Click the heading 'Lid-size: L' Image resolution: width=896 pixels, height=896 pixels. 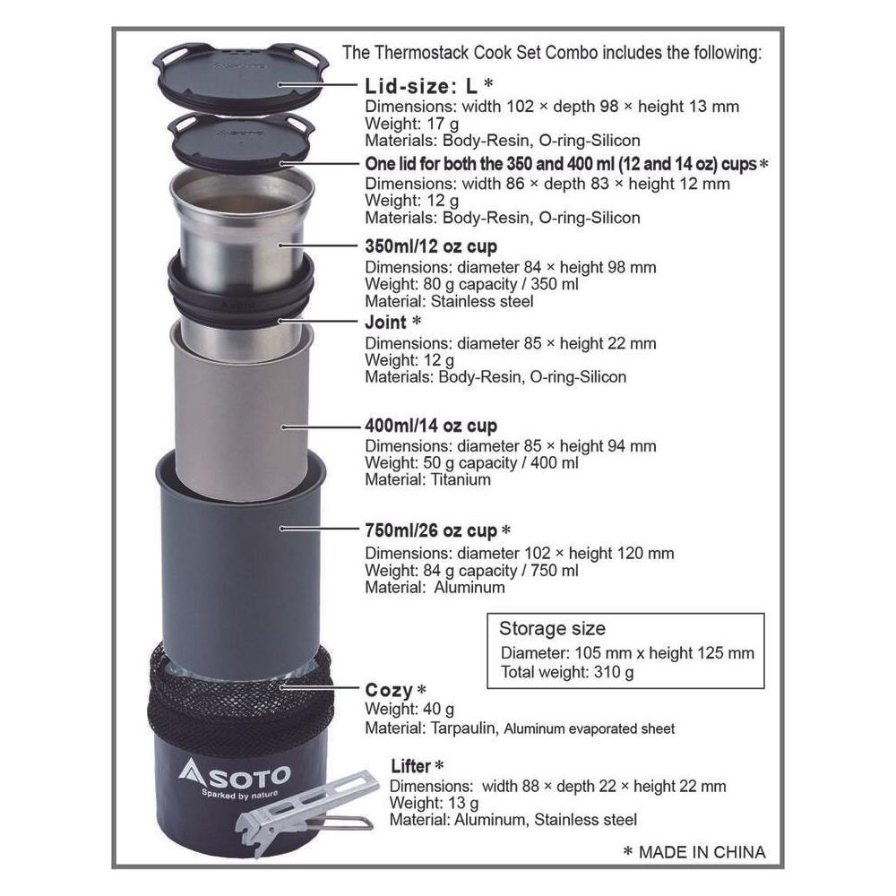[x=421, y=86]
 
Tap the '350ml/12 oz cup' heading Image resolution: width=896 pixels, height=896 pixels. [x=431, y=246]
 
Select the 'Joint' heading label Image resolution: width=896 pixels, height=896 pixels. [x=386, y=323]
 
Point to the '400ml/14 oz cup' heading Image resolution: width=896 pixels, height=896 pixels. [x=431, y=426]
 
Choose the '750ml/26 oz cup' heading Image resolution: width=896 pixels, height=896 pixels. [x=431, y=530]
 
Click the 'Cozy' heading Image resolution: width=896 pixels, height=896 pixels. [x=389, y=690]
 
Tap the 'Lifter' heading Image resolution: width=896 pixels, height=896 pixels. [x=410, y=766]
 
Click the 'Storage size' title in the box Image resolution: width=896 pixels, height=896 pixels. [x=552, y=629]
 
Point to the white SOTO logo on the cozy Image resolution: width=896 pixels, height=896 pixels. [x=234, y=773]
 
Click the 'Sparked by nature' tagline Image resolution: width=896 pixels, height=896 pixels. [x=240, y=794]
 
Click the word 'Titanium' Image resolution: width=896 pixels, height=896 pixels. [x=461, y=480]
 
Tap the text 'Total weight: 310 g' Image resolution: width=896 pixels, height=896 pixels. [x=567, y=672]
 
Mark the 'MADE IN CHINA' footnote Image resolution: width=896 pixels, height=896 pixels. [x=702, y=853]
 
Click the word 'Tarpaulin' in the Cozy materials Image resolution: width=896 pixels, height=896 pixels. [x=464, y=728]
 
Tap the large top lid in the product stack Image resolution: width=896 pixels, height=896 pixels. [x=243, y=75]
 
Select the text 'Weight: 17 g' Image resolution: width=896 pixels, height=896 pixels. [x=411, y=124]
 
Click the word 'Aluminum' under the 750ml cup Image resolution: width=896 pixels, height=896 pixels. [x=470, y=588]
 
